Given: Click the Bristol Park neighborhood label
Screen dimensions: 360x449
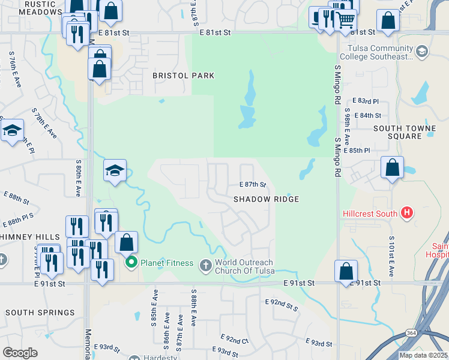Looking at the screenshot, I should point(183,76).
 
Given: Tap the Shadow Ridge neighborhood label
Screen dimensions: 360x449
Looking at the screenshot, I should point(266,199).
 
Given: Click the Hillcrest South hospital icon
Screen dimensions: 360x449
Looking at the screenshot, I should point(407,212).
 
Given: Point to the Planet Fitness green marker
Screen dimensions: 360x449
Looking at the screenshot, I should point(131,263).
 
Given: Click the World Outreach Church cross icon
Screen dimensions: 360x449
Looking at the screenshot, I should point(206,264).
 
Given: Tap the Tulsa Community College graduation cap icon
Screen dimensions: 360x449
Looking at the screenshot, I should point(421,52).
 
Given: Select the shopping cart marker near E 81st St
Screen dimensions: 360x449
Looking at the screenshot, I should point(345,20).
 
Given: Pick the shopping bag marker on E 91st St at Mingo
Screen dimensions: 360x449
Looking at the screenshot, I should point(346,271).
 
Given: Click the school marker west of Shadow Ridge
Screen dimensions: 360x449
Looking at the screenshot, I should point(115,170).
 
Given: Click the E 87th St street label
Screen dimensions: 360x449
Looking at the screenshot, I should point(252,185).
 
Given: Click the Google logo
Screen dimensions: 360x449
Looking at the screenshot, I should point(20,353).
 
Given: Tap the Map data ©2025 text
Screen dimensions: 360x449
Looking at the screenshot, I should point(424,355).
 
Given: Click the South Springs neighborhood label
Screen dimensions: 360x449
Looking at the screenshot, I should point(40,313).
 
